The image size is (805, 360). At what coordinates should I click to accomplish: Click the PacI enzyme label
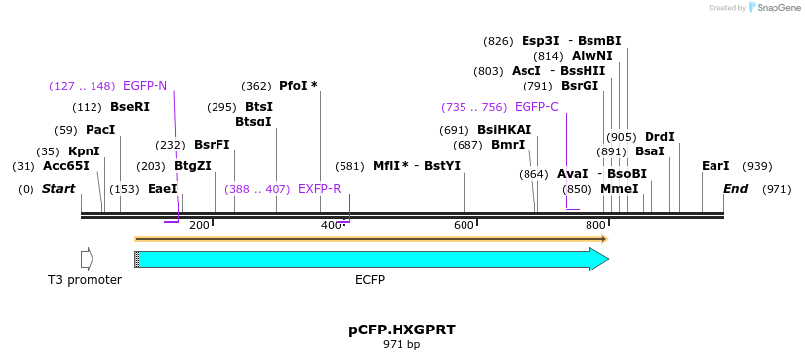[x=100, y=130]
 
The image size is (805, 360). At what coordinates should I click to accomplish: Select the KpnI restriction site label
[x=84, y=151]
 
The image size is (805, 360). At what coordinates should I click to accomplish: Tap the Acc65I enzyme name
[x=66, y=166]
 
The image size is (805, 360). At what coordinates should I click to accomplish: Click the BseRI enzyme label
[x=130, y=107]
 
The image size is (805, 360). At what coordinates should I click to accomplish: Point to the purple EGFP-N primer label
[x=145, y=86]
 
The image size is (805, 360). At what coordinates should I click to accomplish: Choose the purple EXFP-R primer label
[x=319, y=188]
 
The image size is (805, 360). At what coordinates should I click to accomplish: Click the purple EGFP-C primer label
[x=536, y=107]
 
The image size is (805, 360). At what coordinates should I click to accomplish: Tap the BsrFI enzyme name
[x=212, y=145]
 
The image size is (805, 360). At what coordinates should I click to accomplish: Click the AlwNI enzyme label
[x=592, y=56]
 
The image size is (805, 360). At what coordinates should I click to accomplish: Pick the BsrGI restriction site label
[x=580, y=86]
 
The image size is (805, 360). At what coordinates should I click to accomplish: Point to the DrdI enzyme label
[x=659, y=137]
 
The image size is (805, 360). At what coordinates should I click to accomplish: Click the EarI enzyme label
[x=715, y=166]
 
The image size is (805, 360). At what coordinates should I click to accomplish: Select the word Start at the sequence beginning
[x=58, y=188]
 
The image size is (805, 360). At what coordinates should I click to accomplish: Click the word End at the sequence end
[x=735, y=188]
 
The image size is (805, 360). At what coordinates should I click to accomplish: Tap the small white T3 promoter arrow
[x=87, y=259]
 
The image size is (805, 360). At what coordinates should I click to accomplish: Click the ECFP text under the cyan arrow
[x=370, y=280]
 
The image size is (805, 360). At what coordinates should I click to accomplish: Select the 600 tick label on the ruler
[x=464, y=226]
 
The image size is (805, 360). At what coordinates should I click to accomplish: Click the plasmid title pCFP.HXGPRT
[x=402, y=329]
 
